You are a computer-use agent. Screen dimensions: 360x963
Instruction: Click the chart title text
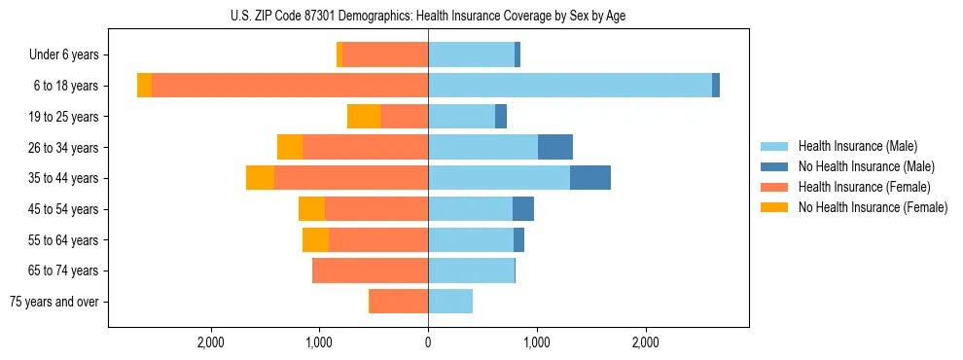pos(428,16)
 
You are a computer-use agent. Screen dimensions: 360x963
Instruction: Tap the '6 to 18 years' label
pos(66,86)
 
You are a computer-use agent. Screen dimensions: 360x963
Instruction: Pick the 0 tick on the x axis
pos(428,342)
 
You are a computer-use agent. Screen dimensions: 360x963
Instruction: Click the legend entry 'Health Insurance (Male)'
pos(856,146)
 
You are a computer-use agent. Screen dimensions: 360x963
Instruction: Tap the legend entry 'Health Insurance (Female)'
pos(863,187)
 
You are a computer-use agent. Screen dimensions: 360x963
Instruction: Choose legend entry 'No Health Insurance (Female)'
pos(872,207)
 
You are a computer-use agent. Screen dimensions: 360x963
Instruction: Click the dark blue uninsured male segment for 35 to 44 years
pos(590,178)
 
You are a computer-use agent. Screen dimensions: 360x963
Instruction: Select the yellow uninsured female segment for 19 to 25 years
pos(364,117)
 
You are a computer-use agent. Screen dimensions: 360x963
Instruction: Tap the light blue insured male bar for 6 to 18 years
pos(570,86)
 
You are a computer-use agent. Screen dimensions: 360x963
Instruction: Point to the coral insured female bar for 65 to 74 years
pos(371,270)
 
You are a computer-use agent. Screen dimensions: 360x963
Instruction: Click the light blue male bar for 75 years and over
pos(450,302)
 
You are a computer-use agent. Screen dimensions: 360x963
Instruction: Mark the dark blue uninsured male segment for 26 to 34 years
pos(555,147)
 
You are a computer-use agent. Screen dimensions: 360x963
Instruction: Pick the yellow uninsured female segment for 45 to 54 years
pos(311,209)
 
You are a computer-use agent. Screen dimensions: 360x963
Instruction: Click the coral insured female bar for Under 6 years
pos(385,55)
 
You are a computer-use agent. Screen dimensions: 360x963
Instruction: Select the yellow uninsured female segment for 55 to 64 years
pos(315,239)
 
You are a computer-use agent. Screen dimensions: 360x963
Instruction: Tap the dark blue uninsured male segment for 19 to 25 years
pos(501,117)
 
